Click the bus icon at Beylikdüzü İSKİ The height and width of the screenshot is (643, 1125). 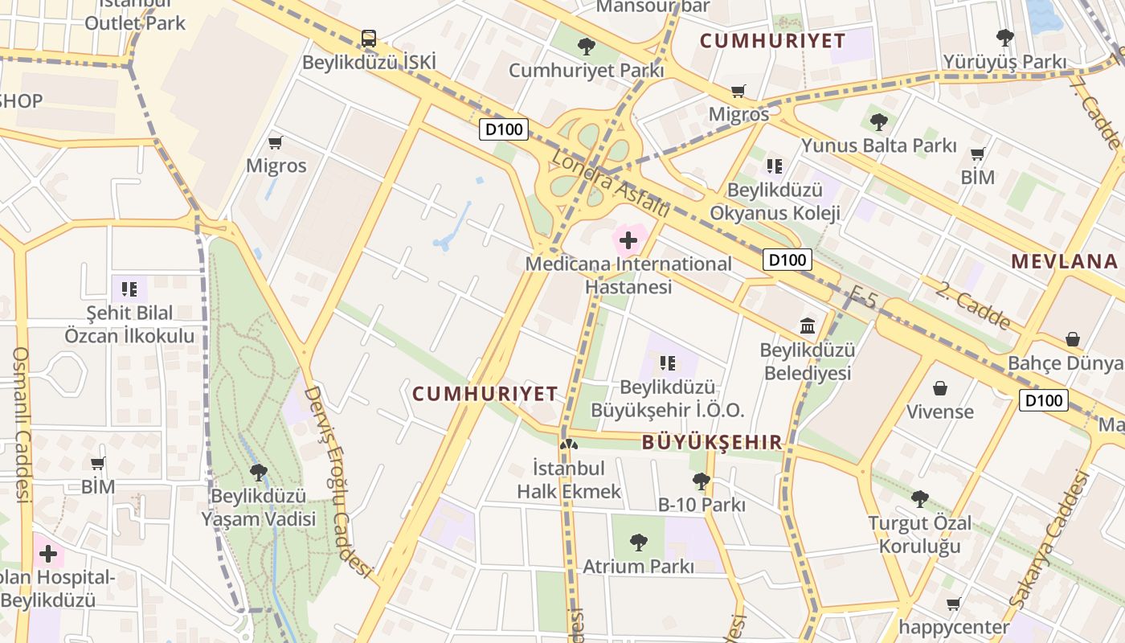coord(368,38)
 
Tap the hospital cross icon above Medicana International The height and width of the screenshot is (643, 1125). coord(628,240)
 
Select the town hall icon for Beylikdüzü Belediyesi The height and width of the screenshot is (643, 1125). coord(808,326)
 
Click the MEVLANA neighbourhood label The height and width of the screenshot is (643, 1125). coord(1064,261)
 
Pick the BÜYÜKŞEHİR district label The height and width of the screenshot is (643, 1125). coord(712,442)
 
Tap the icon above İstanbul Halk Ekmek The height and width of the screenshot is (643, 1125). coord(569,443)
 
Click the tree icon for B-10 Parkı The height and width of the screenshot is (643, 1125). coord(701,481)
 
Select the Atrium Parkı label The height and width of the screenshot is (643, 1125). coord(638,566)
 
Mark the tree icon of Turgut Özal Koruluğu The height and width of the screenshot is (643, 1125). coord(920,499)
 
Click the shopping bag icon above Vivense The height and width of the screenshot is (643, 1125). coord(939,388)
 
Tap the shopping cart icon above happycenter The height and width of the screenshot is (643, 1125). coord(953,604)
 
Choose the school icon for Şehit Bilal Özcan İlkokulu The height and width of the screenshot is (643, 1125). coord(129,288)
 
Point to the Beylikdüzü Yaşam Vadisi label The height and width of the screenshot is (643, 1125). coord(258,507)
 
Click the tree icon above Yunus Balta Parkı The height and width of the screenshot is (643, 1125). coord(878,122)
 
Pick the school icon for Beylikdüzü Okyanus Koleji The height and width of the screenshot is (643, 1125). coord(774,166)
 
